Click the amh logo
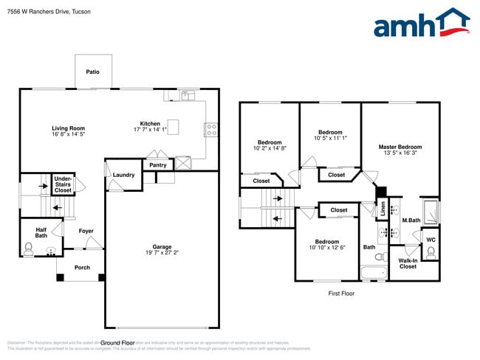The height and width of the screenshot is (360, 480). click(421, 24)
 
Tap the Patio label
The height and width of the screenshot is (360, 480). click(92, 72)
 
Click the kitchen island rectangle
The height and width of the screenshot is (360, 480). click(174, 125)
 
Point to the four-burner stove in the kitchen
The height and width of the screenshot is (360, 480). click(211, 130)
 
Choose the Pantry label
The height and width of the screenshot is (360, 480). click(158, 165)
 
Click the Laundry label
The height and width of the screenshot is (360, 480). click(123, 175)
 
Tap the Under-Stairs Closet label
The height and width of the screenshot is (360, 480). click(63, 184)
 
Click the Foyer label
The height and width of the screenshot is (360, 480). click(86, 231)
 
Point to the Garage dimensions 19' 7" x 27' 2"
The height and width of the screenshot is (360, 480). click(162, 252)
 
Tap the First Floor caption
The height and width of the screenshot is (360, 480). click(341, 293)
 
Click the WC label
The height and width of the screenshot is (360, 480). click(431, 239)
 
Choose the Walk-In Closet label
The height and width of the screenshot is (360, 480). click(408, 263)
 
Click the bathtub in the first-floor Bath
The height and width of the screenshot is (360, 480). click(373, 274)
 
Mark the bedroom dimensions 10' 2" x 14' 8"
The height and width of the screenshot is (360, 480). click(270, 148)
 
